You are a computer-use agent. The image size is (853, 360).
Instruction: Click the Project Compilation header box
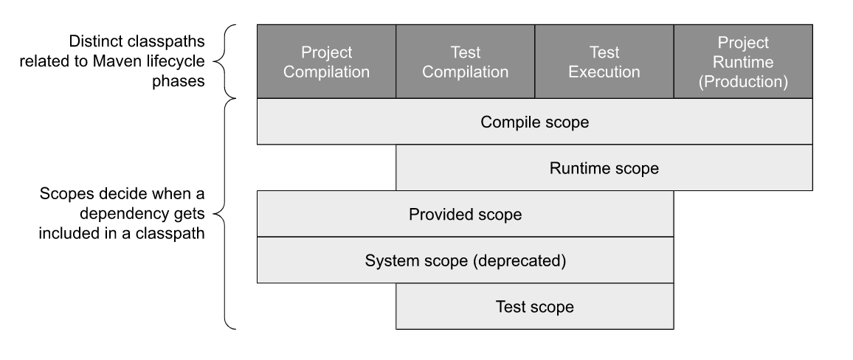point(326,62)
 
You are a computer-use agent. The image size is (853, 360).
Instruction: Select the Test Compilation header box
point(465,62)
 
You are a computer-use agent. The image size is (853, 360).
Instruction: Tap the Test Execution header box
point(604,62)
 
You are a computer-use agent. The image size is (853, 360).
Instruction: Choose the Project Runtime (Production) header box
point(743,62)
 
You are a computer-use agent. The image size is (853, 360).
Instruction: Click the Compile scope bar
point(534,122)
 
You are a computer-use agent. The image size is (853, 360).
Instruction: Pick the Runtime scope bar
point(604,168)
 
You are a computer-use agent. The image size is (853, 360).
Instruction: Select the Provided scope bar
point(465,215)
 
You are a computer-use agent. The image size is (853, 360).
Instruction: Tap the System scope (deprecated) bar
point(465,260)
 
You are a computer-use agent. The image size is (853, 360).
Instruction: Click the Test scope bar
point(534,306)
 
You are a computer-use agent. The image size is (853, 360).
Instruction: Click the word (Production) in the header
point(743,82)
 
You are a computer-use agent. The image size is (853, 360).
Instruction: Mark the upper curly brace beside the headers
point(231,61)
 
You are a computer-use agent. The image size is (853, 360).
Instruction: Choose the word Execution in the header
point(604,72)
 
